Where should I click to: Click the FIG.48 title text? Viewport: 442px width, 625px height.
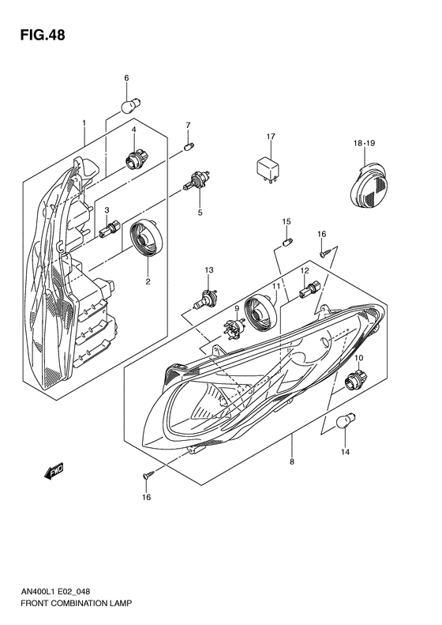click(36, 36)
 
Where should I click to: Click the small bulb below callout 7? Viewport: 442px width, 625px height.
click(188, 145)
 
